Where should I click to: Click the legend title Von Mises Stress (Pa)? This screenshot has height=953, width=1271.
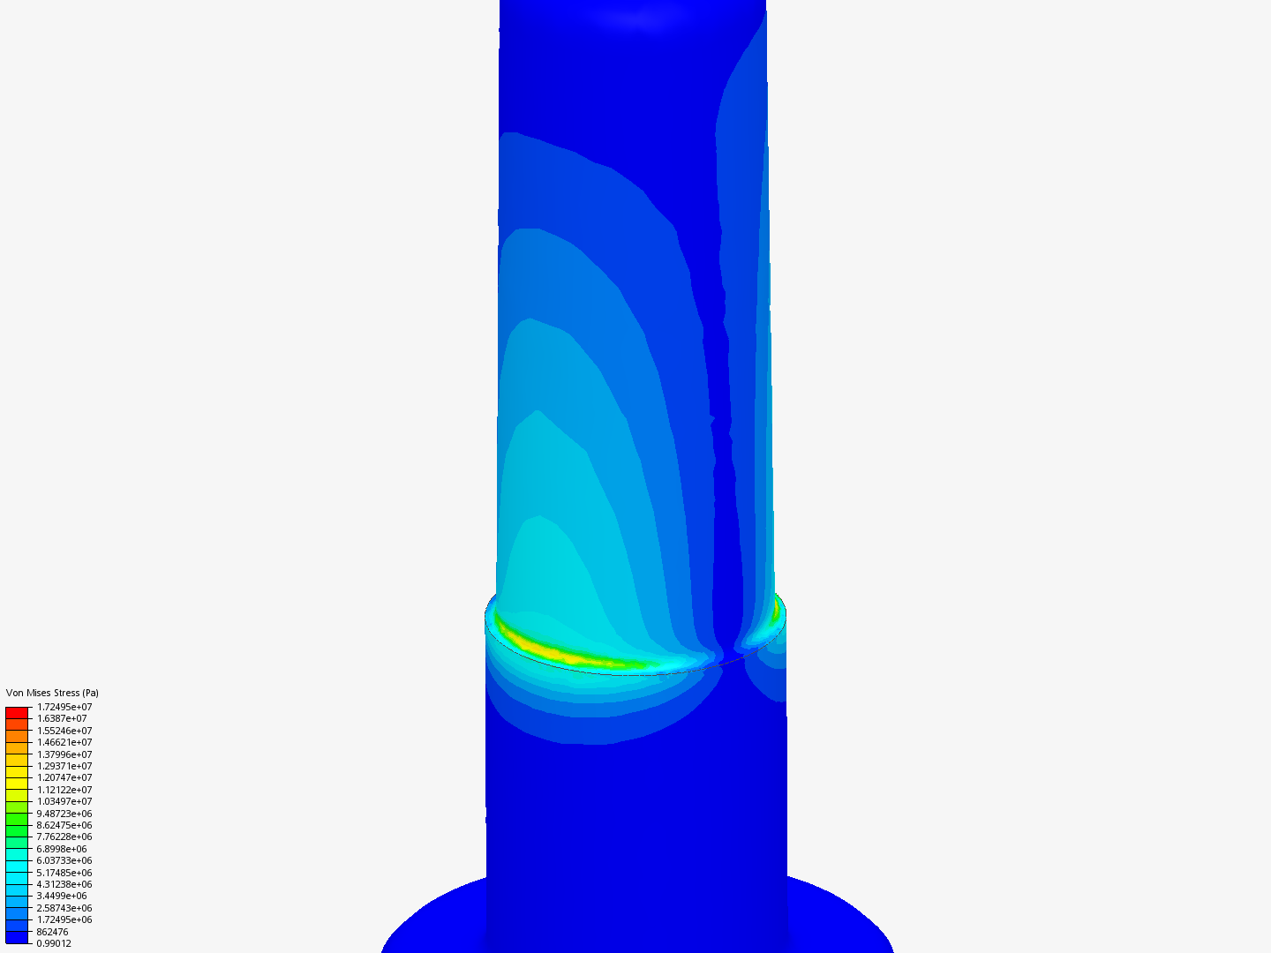pos(52,693)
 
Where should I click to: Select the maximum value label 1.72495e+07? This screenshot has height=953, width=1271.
pos(64,707)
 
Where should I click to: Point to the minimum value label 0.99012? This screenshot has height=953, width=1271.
pos(54,943)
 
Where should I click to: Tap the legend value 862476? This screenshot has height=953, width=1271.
pos(52,932)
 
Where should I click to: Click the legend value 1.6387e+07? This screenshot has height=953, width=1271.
pos(62,718)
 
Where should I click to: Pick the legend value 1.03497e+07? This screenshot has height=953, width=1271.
pos(64,801)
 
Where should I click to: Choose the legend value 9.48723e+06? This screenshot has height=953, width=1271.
pos(64,814)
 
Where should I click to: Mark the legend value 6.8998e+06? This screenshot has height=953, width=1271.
pos(62,849)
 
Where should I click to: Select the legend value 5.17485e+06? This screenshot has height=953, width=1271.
pos(64,873)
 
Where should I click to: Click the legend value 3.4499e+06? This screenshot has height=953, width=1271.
pos(62,896)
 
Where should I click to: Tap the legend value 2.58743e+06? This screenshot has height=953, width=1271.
pos(64,908)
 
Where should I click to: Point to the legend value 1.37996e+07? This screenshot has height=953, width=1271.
pos(64,754)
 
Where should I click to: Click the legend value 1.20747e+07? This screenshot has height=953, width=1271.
pos(64,777)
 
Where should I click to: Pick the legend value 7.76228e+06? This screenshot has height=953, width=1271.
pos(64,837)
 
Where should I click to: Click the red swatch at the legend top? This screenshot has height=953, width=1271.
pos(18,712)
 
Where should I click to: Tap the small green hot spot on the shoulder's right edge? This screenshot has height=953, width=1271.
pos(777,608)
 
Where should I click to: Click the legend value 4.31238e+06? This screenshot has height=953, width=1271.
pos(64,884)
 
